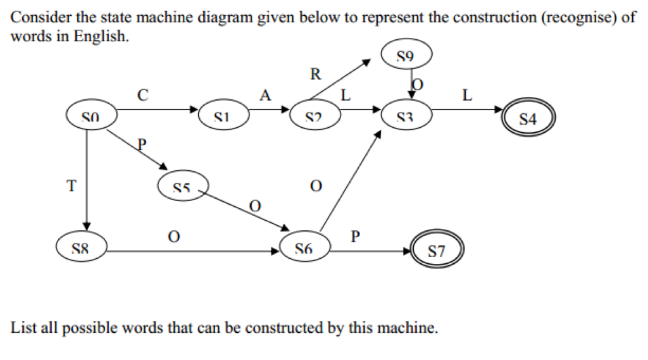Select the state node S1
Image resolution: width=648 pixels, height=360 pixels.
(221, 116)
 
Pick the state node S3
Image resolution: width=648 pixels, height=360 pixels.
(406, 116)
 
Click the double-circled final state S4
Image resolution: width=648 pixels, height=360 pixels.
(528, 118)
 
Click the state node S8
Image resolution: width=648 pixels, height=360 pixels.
(81, 248)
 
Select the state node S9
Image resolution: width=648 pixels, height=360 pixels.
(406, 56)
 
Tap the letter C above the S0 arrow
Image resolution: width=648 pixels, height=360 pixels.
(142, 96)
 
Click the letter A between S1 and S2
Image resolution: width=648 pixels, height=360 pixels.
(265, 96)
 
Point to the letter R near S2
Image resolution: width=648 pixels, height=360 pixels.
(315, 74)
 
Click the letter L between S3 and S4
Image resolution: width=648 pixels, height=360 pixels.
(467, 96)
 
